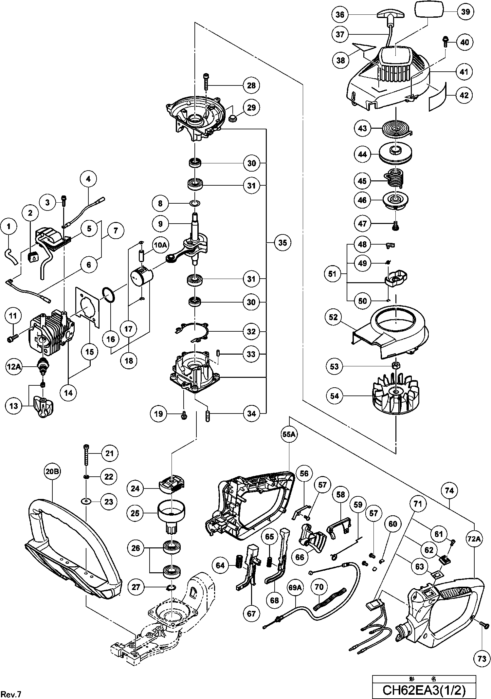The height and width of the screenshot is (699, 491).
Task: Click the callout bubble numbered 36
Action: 340,15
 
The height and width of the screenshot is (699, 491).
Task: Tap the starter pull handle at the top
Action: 391,14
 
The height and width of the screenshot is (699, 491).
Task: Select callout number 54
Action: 335,396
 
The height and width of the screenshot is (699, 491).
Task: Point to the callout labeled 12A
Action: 14,367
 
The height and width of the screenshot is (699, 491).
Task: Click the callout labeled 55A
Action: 289,434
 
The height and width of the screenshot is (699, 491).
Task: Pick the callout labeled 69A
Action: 295,588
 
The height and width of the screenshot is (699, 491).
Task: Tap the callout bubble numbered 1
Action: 9,226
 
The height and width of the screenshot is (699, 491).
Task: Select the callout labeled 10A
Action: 160,245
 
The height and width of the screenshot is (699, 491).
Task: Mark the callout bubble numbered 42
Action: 464,95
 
